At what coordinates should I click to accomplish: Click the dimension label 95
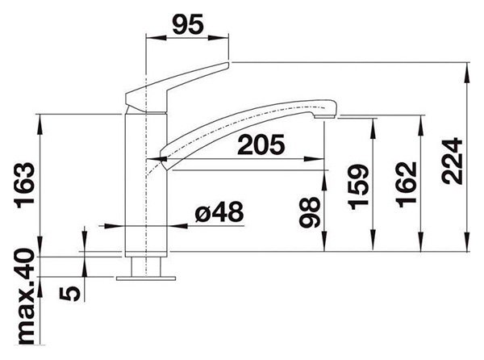tap(188, 24)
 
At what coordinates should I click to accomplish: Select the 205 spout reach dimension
tap(261, 144)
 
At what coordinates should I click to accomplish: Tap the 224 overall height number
tap(453, 161)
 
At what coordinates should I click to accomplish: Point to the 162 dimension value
tap(407, 184)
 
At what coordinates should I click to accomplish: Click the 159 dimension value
tap(359, 186)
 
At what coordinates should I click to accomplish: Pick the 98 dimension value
tap(311, 212)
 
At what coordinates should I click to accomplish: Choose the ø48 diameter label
tap(219, 212)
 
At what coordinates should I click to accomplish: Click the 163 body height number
tap(24, 186)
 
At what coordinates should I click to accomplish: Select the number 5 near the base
tap(70, 293)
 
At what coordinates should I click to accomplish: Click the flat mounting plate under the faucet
tap(146, 278)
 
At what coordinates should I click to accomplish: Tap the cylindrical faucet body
tap(146, 186)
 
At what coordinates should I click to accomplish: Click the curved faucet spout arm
tap(248, 130)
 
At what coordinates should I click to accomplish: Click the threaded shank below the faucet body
tap(146, 266)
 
